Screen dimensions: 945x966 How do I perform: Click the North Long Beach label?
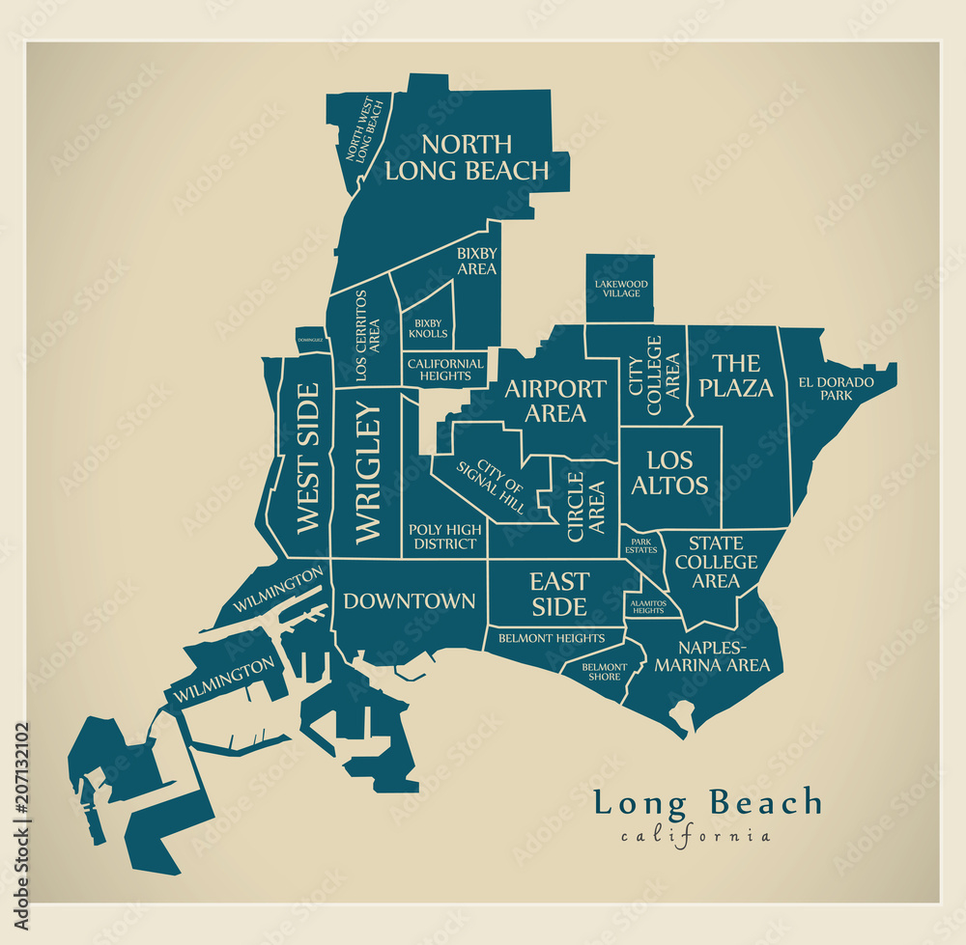pyautogui.click(x=467, y=158)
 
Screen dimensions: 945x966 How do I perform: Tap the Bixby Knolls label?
pyautogui.click(x=428, y=328)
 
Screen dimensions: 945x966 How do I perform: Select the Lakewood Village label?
pyautogui.click(x=621, y=289)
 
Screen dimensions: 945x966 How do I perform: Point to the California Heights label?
pyautogui.click(x=445, y=370)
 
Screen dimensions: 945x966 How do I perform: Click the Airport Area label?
pyautogui.click(x=555, y=401)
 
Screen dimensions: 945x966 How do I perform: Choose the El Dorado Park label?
pyautogui.click(x=836, y=388)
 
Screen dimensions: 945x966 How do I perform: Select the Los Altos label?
pyautogui.click(x=669, y=473)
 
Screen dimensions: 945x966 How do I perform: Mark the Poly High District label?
pyautogui.click(x=444, y=537)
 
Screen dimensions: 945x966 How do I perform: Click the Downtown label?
pyautogui.click(x=409, y=601)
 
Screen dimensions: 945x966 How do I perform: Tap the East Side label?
pyautogui.click(x=559, y=594)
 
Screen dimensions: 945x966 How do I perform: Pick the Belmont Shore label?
pyautogui.click(x=604, y=672)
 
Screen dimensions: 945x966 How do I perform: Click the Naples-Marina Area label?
pyautogui.click(x=712, y=656)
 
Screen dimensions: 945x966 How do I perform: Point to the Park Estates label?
pyautogui.click(x=642, y=546)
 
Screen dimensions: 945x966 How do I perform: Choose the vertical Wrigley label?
pyautogui.click(x=368, y=473)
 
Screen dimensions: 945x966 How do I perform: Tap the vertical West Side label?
pyautogui.click(x=306, y=459)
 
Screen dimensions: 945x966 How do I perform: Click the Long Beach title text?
pyautogui.click(x=707, y=803)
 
